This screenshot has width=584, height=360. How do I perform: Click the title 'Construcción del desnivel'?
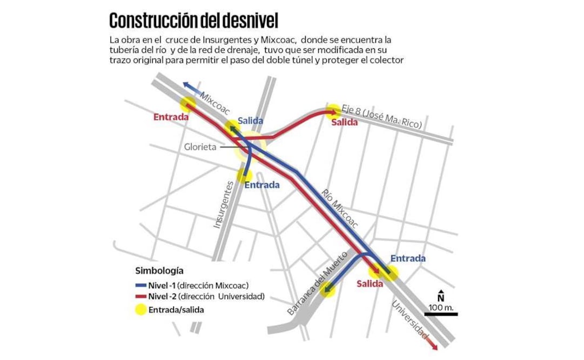(193, 21)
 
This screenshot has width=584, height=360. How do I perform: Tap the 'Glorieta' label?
(199, 146)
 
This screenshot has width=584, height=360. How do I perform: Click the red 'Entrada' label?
(171, 117)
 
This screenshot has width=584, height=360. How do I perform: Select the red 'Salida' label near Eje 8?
(345, 122)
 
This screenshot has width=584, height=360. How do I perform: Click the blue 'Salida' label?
(250, 121)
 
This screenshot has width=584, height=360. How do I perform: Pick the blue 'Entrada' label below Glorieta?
(262, 185)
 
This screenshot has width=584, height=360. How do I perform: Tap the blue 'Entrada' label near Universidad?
(408, 258)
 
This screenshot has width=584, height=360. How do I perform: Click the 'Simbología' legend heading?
(159, 270)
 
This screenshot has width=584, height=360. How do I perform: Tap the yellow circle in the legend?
(142, 309)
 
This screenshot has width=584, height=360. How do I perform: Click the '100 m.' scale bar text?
(441, 308)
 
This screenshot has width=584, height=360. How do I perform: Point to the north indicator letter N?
(441, 297)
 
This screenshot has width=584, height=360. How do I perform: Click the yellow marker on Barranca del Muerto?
(327, 290)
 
